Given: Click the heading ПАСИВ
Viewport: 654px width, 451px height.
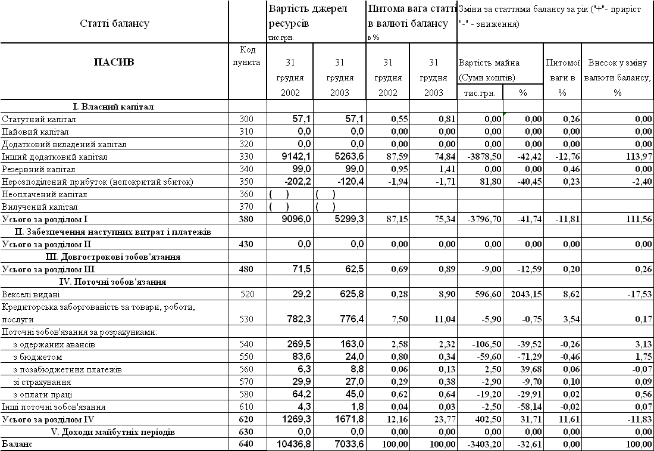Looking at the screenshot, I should [114, 61].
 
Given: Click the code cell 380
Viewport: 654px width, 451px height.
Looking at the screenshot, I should [246, 219].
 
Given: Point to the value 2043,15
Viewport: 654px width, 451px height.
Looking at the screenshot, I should [523, 294].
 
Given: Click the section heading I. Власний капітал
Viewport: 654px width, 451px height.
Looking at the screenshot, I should [113, 107].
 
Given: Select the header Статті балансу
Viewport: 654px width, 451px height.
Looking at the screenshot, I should [114, 24].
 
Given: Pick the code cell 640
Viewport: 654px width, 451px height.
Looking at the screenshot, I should [246, 444].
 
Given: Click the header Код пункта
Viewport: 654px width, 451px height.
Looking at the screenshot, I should [246, 56].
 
